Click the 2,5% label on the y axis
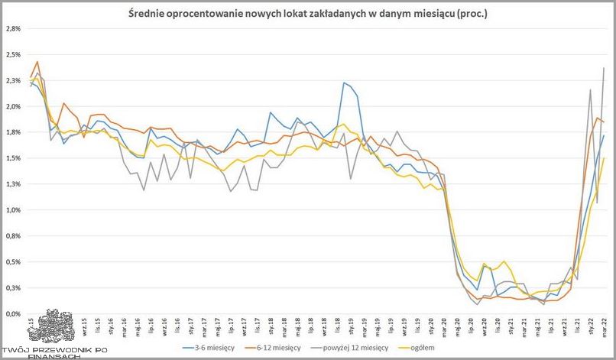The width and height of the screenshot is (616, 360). point(13,54)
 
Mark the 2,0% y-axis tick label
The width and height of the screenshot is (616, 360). point(13,106)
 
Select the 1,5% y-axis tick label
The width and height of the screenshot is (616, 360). point(13,158)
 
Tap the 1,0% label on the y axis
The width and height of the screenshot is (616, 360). point(13,209)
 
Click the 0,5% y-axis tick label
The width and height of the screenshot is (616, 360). point(13,261)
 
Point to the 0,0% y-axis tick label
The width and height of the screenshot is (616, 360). point(13,313)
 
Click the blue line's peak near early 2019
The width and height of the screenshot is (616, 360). point(344,83)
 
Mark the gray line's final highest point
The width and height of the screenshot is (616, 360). point(605,68)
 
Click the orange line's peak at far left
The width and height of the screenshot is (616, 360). point(37,61)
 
